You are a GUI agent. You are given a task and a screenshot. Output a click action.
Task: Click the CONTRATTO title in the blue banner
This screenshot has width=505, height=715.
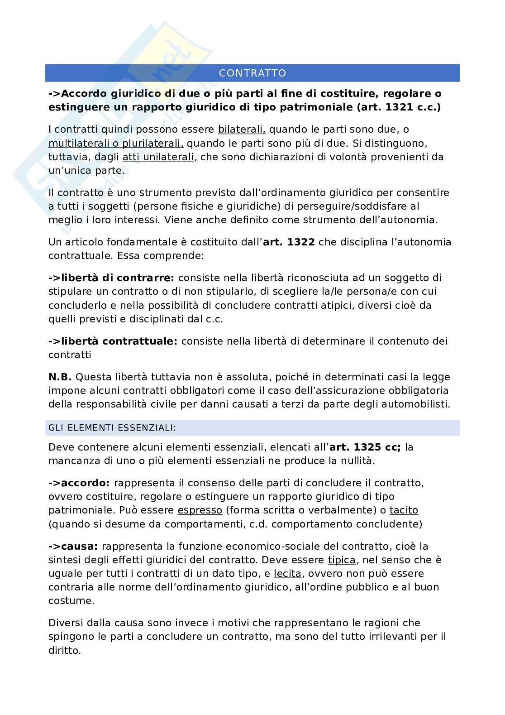coord(252,73)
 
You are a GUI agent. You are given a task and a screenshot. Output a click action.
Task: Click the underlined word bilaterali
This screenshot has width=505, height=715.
coord(242,130)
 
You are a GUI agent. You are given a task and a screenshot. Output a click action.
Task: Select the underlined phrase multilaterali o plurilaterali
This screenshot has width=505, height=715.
coord(116,144)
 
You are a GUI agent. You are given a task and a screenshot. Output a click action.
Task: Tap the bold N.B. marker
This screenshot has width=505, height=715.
coord(60,377)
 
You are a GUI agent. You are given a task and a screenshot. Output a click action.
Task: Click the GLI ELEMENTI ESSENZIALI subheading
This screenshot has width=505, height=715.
coord(112,427)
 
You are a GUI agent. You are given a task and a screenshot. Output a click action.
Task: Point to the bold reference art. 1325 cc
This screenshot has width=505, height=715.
coord(365,447)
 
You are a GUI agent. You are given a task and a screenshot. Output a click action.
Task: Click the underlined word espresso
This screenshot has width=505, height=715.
coord(200,510)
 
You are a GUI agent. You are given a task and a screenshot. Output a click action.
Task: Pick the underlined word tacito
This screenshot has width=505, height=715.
coord(404,510)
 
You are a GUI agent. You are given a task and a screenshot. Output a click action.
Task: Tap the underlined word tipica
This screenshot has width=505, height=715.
coord(342,560)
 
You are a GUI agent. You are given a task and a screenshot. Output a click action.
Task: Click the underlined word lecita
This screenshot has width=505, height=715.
coord(287,574)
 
